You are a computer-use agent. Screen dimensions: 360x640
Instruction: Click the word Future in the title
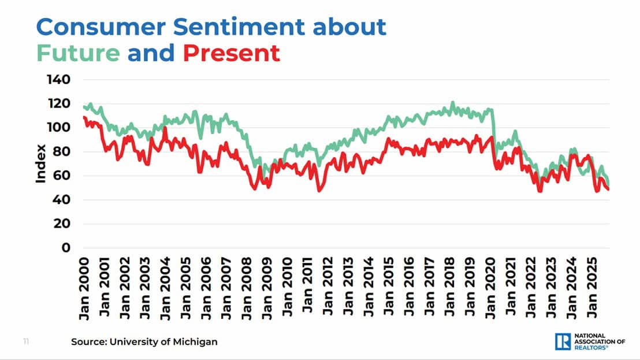click(x=78, y=53)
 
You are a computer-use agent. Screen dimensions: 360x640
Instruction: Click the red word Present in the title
click(x=231, y=53)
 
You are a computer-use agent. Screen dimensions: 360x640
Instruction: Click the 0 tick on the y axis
click(x=66, y=248)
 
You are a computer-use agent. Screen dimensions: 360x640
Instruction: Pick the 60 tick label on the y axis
click(x=62, y=176)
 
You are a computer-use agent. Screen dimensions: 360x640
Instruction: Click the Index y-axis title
click(x=40, y=164)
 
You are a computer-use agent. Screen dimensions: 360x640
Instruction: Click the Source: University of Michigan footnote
click(x=144, y=342)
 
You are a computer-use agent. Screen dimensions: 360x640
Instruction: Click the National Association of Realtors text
click(x=598, y=342)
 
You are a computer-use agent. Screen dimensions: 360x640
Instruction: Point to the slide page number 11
click(x=26, y=342)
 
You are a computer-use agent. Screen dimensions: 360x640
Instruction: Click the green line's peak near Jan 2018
click(x=452, y=103)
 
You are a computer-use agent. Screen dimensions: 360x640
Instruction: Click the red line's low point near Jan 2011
click(x=319, y=190)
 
